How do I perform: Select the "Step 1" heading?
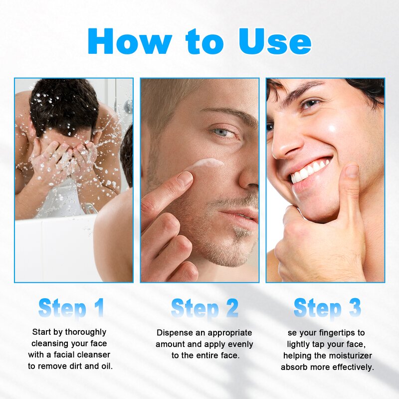click(71, 308)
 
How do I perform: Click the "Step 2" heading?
click(204, 308)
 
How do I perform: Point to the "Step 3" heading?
click(327, 308)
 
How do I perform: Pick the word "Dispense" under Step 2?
click(173, 333)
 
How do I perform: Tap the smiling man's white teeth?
click(309, 171)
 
